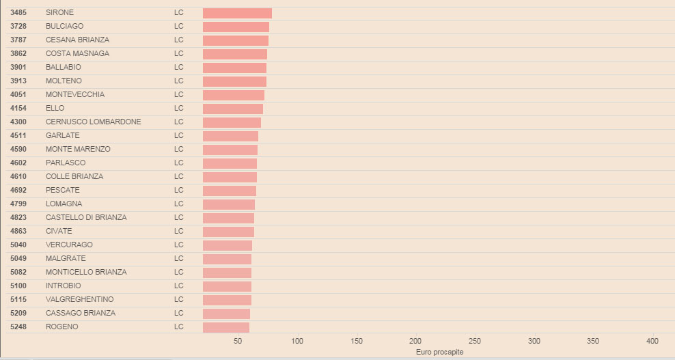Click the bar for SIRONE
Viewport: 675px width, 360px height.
point(237,13)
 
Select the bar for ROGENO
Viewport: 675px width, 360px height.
point(226,327)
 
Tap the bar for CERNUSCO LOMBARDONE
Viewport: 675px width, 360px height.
point(232,122)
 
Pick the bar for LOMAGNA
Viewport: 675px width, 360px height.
point(229,204)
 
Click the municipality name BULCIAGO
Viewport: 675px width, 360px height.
point(64,27)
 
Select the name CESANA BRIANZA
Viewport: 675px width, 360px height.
point(77,40)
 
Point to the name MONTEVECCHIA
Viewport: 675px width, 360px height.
point(75,95)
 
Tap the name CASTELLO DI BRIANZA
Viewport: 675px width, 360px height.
point(86,218)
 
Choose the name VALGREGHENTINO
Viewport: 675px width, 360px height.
point(80,300)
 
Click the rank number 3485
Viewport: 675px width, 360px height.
point(18,13)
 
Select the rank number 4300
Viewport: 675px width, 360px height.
point(18,122)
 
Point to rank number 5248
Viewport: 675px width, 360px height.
point(18,327)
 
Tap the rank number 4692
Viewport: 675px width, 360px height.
point(18,191)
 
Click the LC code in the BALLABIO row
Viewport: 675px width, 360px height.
point(179,68)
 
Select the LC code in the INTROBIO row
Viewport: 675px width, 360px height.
point(179,286)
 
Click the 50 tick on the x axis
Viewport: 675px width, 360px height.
point(238,341)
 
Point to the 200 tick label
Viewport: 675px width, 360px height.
point(415,341)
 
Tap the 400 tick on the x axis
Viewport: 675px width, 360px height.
point(652,341)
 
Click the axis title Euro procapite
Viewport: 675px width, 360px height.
point(439,352)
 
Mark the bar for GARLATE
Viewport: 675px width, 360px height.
point(230,136)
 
